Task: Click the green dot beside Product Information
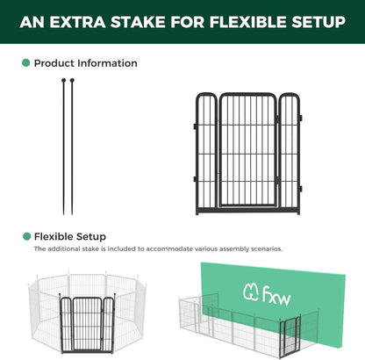coord(25,63)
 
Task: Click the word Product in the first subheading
coord(54,63)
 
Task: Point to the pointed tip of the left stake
coord(64,213)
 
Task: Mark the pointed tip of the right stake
coord(75,213)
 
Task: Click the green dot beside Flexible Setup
coord(25,236)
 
